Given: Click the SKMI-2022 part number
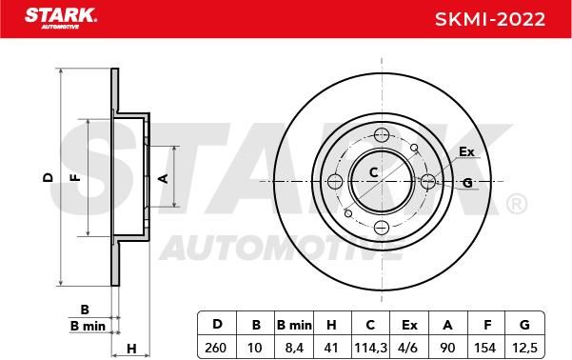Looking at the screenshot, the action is [490, 19].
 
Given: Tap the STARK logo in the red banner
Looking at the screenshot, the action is [61, 18].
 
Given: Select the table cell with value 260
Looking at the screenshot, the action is [216, 348].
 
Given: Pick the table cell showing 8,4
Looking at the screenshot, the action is [294, 348].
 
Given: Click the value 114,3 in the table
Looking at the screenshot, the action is [370, 348].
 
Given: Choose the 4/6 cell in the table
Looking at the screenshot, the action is [409, 348].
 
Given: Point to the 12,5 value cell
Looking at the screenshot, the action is [524, 348].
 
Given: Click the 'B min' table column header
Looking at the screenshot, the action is [294, 324].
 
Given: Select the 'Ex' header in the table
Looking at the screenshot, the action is [409, 324].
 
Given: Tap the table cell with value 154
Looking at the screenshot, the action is [485, 348].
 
